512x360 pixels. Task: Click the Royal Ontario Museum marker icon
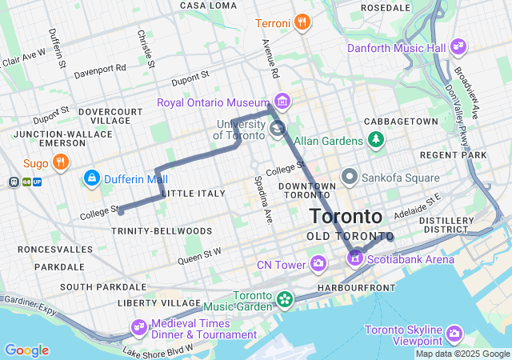coord(281,102)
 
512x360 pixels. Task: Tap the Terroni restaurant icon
coord(302,22)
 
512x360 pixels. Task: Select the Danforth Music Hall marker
coord(458,47)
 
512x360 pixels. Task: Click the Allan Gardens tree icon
coord(375,141)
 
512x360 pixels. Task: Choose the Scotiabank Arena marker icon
coord(354,258)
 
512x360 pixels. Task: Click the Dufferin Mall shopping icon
coord(92,178)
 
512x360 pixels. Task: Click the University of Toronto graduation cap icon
coord(277,128)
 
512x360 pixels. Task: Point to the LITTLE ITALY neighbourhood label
coord(189,194)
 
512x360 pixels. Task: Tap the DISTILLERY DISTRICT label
coord(446,225)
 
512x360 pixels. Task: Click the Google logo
coord(26,350)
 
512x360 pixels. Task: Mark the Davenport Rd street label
coord(100,69)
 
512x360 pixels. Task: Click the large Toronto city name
coord(346,217)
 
